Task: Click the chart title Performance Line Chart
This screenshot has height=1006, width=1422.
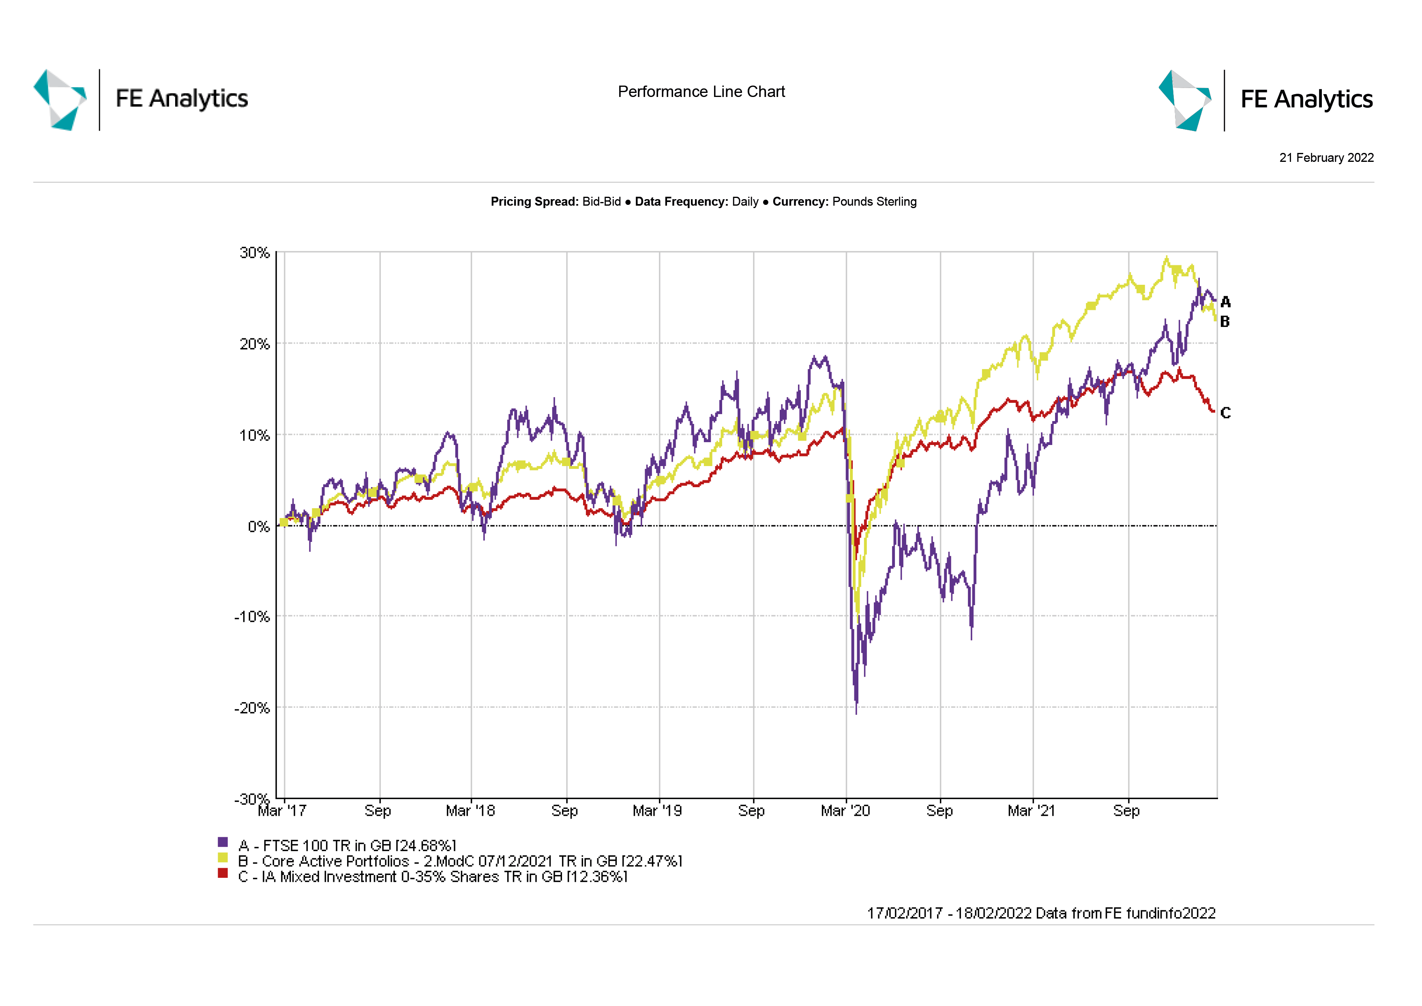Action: pos(701,92)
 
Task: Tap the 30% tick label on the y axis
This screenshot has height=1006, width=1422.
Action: pos(255,253)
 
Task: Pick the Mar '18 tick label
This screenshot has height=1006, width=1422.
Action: pos(471,811)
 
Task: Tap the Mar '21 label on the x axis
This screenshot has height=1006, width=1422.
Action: pos(1031,811)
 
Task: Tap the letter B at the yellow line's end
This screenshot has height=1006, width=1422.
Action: pos(1225,322)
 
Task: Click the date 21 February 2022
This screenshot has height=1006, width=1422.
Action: pos(1326,158)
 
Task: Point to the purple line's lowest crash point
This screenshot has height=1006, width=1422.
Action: pos(856,712)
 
